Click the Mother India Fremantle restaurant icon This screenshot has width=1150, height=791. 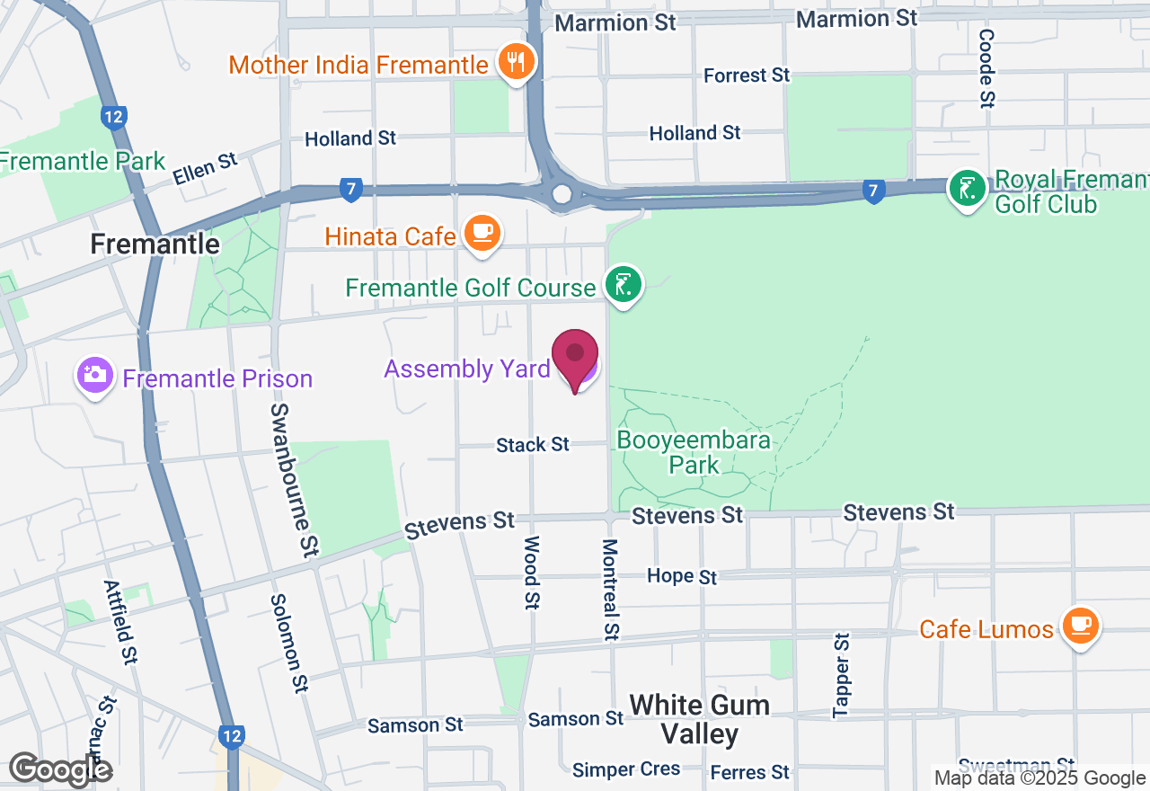coord(515,62)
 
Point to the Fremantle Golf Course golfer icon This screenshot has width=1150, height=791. coord(624,285)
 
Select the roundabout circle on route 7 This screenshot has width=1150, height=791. coord(562,193)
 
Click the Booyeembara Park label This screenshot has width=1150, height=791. coord(694,452)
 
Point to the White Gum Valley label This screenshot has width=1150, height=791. coord(699,719)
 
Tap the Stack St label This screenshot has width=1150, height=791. coord(534,444)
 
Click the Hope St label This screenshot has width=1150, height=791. coord(683,576)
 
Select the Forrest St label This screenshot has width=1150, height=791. coord(747,76)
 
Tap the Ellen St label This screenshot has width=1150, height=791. coord(206,168)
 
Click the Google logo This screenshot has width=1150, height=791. coord(60,769)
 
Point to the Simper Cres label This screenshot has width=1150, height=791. coord(626,769)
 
